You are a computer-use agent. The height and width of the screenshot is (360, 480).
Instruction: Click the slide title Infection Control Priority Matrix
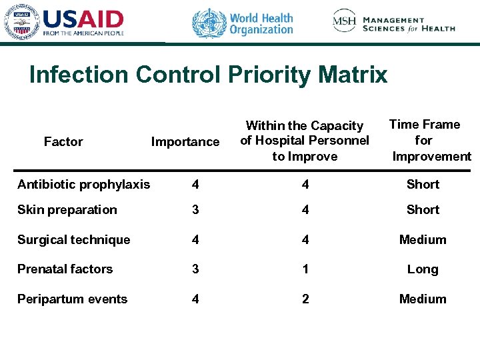(x=208, y=75)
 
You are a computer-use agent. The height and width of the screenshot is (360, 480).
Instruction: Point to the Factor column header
(x=63, y=141)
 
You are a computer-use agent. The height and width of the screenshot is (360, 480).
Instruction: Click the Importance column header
(x=185, y=141)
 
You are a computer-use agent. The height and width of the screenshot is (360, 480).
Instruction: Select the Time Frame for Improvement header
(x=427, y=140)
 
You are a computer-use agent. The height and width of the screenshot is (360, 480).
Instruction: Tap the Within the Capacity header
(x=305, y=141)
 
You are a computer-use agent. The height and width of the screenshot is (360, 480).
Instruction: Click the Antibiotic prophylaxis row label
(x=84, y=184)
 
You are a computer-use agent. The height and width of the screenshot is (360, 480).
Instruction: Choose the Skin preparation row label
(x=67, y=209)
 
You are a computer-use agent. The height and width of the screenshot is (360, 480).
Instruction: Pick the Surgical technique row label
(x=74, y=239)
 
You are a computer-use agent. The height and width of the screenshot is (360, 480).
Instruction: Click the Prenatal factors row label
(x=65, y=269)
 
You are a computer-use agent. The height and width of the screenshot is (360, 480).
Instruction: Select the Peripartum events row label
(x=72, y=299)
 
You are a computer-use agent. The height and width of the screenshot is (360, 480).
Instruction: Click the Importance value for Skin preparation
(x=195, y=209)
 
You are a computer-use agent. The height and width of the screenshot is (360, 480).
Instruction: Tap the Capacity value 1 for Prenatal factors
(x=305, y=269)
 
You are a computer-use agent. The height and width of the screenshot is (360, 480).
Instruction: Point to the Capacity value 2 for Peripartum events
(x=305, y=299)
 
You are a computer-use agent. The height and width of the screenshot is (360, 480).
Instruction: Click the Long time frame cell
(x=423, y=269)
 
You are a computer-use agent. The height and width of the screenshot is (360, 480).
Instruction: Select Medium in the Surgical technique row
(x=423, y=239)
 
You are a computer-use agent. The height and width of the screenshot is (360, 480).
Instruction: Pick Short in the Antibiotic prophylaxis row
(x=423, y=184)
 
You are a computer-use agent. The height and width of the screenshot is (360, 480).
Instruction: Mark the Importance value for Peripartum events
(x=195, y=299)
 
